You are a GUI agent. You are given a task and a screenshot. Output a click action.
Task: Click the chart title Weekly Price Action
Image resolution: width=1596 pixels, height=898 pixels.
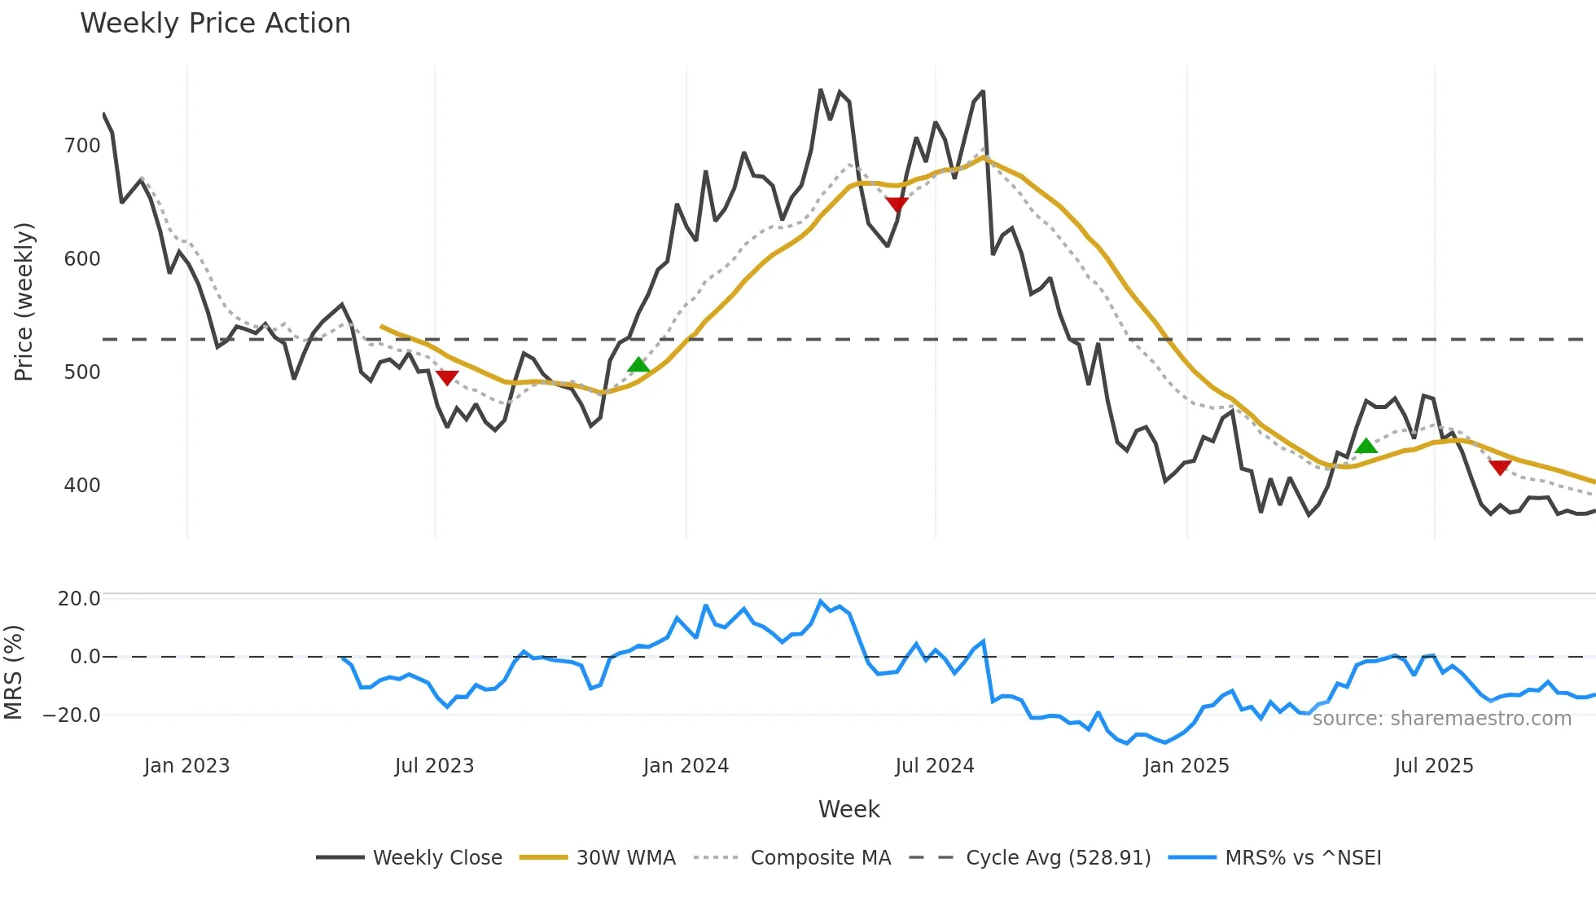tap(215, 24)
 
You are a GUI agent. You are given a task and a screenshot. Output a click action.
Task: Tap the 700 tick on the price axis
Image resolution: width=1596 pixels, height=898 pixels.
tap(81, 146)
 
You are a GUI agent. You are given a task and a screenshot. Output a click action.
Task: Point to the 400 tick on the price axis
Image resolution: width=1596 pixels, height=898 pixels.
tap(81, 486)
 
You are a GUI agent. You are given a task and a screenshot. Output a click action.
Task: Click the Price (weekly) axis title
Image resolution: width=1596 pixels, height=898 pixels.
tap(24, 302)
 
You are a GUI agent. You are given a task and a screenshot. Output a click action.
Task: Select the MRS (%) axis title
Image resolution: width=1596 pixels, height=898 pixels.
tap(13, 672)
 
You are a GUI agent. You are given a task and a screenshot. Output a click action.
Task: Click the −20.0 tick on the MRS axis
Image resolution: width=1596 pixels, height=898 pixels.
tap(72, 715)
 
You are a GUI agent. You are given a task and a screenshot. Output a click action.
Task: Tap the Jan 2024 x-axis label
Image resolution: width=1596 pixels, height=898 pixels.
tap(686, 766)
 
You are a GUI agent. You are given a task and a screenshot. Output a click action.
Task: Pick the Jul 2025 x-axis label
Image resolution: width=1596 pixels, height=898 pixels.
tap(1434, 766)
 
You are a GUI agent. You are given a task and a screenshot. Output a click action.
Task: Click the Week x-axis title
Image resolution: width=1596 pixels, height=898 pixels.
tap(848, 809)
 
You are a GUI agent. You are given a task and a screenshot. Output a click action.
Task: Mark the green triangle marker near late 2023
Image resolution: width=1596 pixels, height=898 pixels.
tap(639, 365)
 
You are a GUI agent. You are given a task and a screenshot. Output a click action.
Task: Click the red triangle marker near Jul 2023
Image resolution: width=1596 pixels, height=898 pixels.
tap(447, 377)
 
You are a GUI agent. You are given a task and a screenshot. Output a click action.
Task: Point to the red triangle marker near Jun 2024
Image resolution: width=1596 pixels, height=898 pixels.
tap(897, 205)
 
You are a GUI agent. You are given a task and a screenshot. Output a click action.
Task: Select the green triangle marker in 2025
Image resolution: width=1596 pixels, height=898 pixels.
tap(1366, 446)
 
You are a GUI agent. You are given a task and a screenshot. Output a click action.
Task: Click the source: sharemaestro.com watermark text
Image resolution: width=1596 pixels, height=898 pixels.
tap(1441, 719)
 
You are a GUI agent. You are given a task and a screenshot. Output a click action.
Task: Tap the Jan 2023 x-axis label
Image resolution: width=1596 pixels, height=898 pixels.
tap(186, 766)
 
